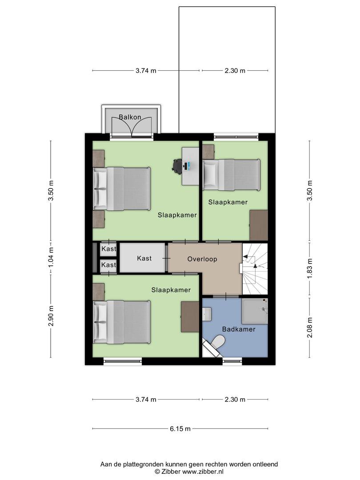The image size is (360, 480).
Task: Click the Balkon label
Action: [x=130, y=117]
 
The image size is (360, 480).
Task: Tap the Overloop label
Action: [x=202, y=259]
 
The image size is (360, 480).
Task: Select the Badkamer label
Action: [x=239, y=329]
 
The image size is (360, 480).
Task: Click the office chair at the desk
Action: [x=177, y=166]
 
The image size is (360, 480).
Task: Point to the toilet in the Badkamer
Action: [x=218, y=342]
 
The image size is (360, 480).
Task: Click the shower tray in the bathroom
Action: [x=255, y=311]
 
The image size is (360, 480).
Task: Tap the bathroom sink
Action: [x=207, y=314]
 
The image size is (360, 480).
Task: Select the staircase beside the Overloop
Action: [x=255, y=269]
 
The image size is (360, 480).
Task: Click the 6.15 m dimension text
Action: [x=180, y=428]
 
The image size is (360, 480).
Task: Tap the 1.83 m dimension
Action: [x=310, y=269]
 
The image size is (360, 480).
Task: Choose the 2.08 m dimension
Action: [x=310, y=327]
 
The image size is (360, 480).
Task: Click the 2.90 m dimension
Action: [x=51, y=316]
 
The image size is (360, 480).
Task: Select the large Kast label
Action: [x=144, y=258]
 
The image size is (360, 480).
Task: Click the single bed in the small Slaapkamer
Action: [x=232, y=175]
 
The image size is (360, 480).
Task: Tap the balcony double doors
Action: [x=132, y=126]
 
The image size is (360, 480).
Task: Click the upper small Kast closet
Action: [x=108, y=249]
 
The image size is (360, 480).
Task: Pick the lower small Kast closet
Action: [x=108, y=265]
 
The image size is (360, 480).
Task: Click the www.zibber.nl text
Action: [x=203, y=472]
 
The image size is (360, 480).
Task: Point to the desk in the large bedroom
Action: [x=190, y=166]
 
